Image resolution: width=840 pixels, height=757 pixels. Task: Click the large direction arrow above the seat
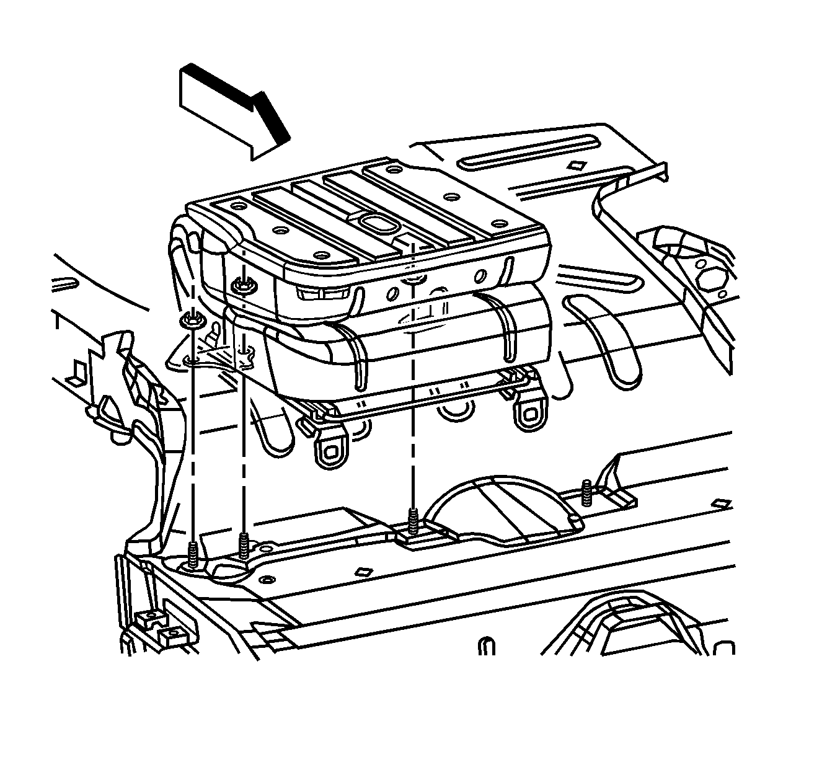[x=232, y=108]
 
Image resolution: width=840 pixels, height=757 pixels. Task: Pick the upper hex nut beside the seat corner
[x=242, y=285]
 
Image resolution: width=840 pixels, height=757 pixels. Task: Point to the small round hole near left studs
[x=266, y=579]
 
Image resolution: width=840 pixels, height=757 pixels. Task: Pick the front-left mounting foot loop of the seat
[x=327, y=456]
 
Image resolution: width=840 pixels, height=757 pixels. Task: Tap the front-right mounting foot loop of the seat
[x=529, y=415]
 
